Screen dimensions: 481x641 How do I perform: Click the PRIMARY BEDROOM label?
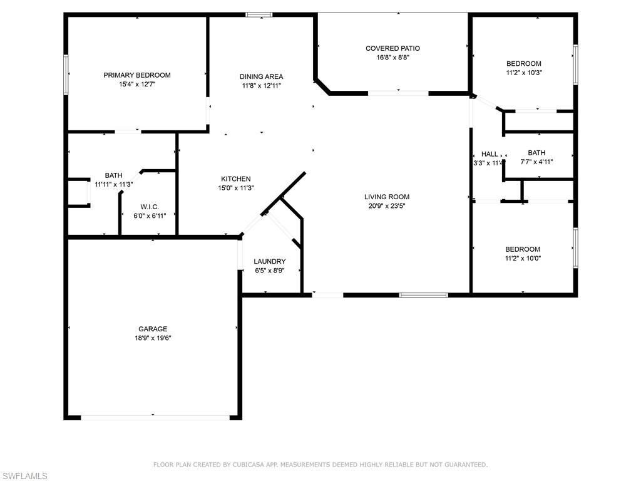136,75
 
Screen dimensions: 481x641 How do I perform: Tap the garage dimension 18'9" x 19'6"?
153,338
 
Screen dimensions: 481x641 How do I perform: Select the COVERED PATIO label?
392,48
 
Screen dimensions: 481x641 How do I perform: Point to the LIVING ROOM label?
387,197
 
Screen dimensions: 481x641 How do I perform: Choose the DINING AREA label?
262,76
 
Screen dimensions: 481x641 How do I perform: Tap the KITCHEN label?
235,178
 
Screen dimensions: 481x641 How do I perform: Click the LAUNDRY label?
270,261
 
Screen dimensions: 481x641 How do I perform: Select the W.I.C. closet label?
149,206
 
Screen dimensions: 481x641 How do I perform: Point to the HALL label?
490,154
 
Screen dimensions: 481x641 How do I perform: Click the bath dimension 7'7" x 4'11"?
536,162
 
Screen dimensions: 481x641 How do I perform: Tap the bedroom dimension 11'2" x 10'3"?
523,72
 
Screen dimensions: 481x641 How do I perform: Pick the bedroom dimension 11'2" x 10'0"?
523,258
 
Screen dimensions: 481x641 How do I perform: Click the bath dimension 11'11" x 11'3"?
114,184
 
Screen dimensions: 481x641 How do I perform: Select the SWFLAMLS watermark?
24,476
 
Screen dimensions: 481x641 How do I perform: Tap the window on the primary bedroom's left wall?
66,75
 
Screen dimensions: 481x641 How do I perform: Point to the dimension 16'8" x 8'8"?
392,57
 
